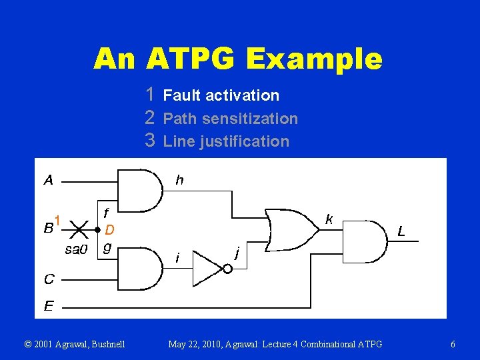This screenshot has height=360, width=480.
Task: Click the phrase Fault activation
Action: [x=221, y=95]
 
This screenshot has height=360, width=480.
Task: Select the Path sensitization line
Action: [x=230, y=119]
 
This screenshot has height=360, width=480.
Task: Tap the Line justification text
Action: [x=226, y=141]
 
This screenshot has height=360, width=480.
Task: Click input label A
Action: [x=49, y=179]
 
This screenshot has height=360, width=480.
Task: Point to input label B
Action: [x=49, y=229]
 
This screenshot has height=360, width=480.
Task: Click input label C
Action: [x=49, y=279]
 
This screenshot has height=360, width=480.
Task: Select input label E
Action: [x=49, y=307]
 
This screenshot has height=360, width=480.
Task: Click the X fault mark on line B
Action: [x=78, y=231]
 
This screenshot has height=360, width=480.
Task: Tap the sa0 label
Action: [x=76, y=250]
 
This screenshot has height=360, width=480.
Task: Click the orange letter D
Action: [x=110, y=230]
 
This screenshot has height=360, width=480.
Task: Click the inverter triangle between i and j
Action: [x=208, y=268]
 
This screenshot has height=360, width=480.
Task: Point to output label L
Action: [x=401, y=231]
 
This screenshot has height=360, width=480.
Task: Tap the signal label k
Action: [x=329, y=219]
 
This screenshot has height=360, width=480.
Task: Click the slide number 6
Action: [x=453, y=345]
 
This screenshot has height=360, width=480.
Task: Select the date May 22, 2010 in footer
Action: [x=199, y=345]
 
